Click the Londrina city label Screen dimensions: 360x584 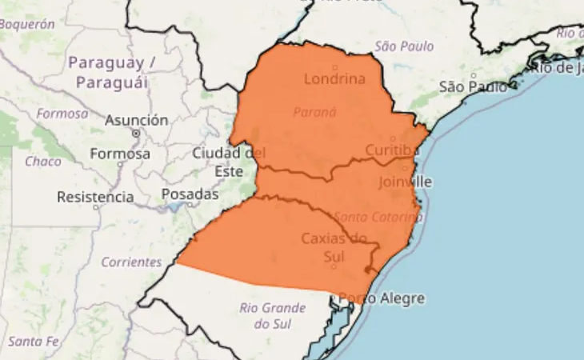(334, 78)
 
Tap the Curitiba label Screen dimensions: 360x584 (392, 150)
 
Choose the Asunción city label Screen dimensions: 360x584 (137, 120)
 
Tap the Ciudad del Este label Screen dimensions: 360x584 (229, 161)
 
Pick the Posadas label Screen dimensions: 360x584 (190, 194)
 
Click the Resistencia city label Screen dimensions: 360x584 (95, 196)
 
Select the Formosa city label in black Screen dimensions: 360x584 (120, 153)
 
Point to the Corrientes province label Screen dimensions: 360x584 (131, 262)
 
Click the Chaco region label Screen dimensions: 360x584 (42, 161)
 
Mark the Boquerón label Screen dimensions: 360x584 (27, 24)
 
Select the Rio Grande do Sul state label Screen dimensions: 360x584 (272, 315)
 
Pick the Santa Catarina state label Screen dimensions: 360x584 (377, 216)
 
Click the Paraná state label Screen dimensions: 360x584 (314, 112)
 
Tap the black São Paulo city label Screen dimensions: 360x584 (473, 86)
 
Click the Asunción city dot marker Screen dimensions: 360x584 (136, 134)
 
